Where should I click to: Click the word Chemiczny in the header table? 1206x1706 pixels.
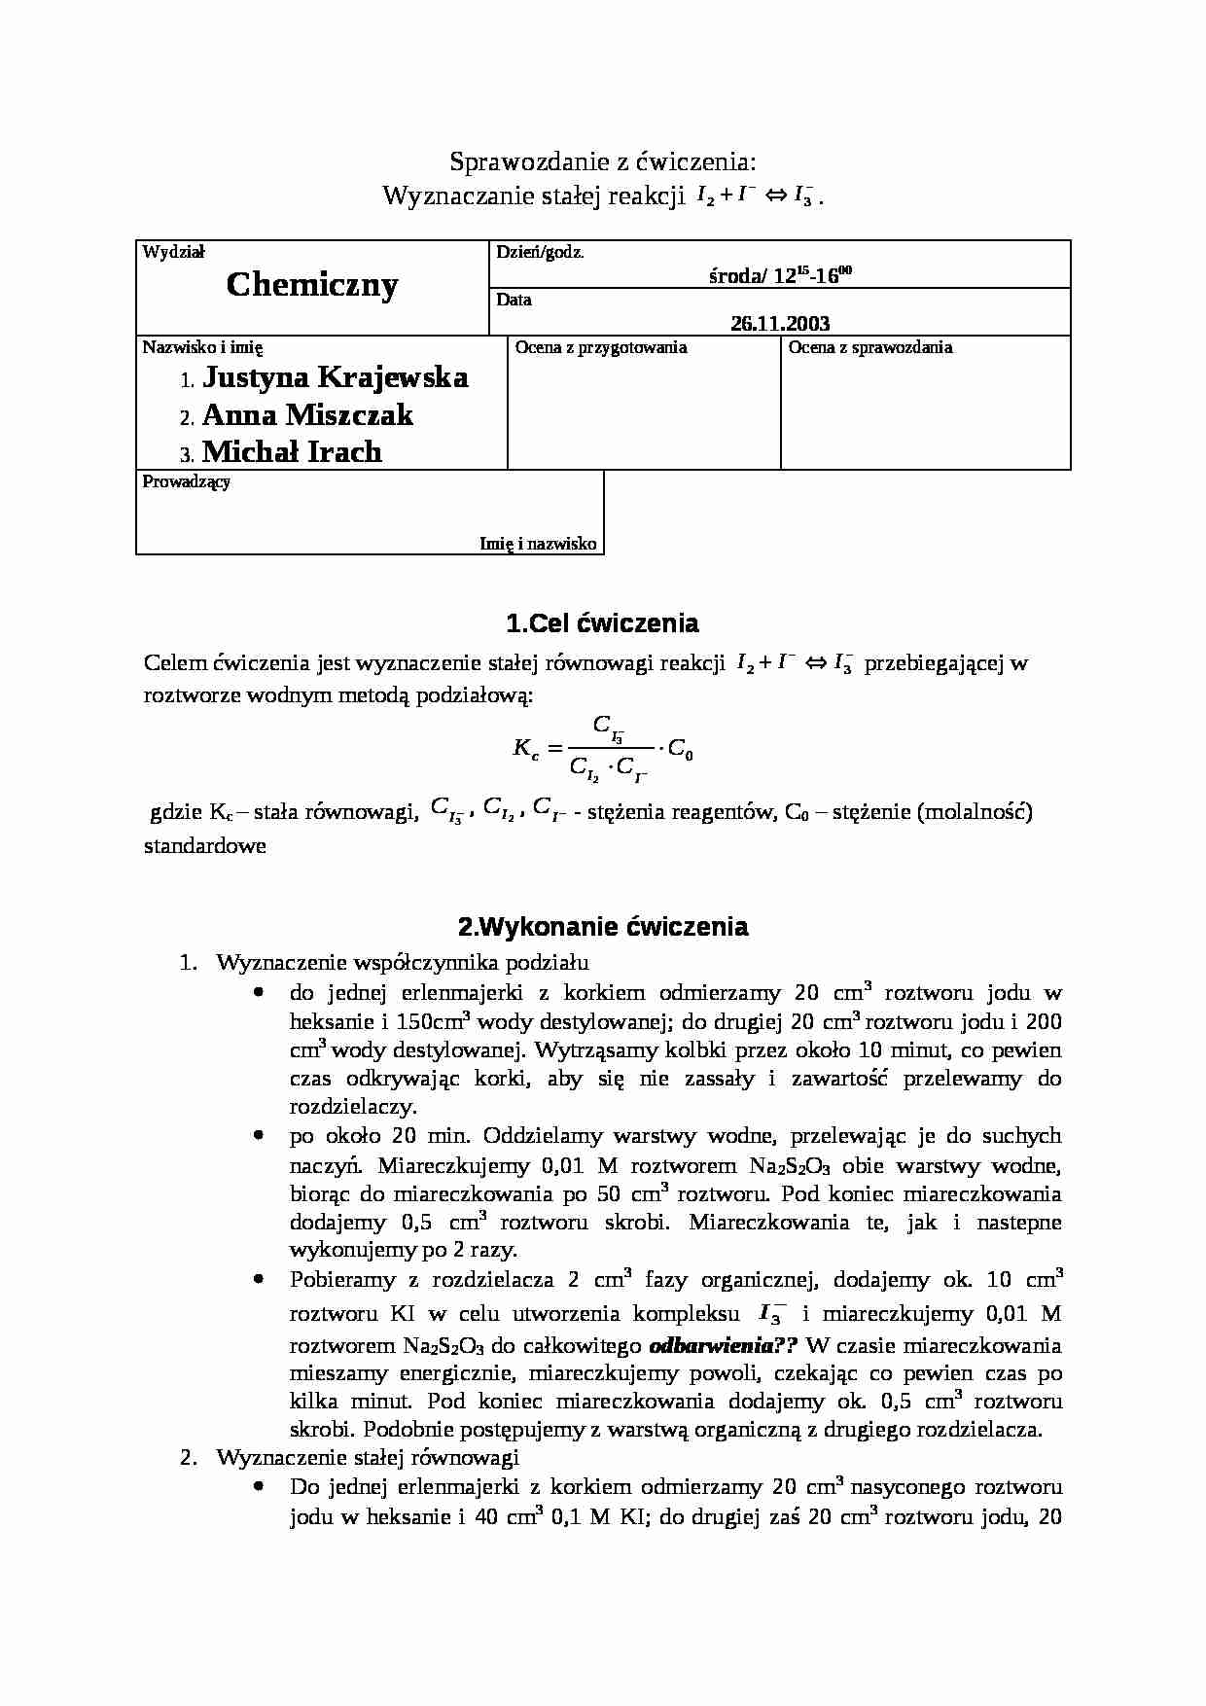(312, 285)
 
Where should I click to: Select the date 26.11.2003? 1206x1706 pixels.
(780, 324)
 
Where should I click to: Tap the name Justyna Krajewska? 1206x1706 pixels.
(335, 377)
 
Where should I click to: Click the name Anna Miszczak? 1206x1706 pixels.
(307, 415)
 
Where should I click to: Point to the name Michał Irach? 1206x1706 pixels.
(292, 452)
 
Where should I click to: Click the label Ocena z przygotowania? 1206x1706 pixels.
(600, 347)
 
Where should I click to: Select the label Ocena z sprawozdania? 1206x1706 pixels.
(869, 347)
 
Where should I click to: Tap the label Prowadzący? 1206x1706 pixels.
(186, 481)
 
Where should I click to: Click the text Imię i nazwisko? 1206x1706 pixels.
(538, 544)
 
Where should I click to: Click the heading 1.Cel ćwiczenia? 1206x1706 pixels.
(602, 622)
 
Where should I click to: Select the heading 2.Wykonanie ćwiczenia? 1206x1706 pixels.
(602, 926)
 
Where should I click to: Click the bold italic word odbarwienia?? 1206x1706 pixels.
(723, 1346)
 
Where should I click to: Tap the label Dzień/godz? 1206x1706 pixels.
(540, 252)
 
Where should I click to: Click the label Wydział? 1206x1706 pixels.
(173, 252)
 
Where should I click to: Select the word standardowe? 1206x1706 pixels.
(204, 845)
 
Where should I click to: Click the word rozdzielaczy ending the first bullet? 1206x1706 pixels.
(352, 1107)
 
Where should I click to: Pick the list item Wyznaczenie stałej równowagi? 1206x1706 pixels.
(368, 1458)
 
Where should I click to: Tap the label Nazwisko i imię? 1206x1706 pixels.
(202, 347)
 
